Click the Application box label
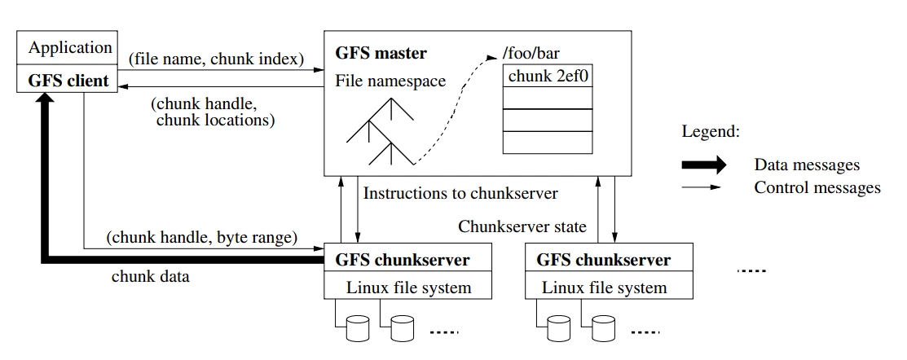(70, 47)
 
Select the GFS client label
(68, 81)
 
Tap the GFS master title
(381, 53)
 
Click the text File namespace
(390, 81)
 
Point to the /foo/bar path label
(531, 54)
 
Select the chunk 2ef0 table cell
(548, 76)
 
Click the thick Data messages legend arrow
(704, 165)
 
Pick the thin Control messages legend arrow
(702, 187)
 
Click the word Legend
(711, 132)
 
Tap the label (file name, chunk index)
(216, 59)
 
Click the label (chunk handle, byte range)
(202, 238)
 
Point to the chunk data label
(151, 276)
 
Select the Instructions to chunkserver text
(460, 193)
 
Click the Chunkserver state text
(522, 226)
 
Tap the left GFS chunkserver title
(403, 260)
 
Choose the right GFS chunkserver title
(604, 260)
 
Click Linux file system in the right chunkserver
(605, 288)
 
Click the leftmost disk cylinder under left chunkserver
(358, 327)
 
